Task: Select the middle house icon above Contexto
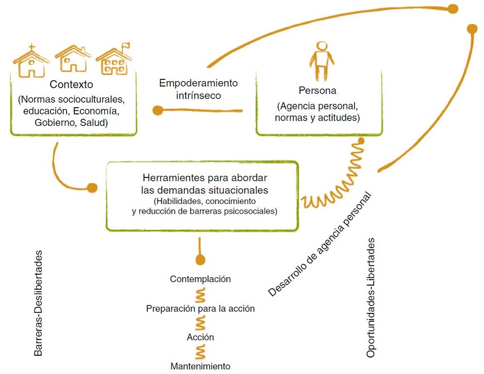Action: click(73, 59)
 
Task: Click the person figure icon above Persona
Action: click(321, 61)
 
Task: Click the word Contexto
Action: click(71, 84)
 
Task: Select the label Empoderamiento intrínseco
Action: click(198, 89)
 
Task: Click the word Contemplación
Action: click(200, 279)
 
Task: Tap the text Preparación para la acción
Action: click(200, 308)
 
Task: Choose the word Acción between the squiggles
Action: click(200, 337)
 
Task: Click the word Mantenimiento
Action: click(200, 366)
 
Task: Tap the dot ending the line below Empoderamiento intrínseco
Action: click(158, 111)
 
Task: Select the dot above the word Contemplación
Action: click(200, 261)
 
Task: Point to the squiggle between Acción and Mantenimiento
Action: click(200, 352)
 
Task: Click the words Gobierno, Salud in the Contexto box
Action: click(71, 123)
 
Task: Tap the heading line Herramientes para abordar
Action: click(204, 179)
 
